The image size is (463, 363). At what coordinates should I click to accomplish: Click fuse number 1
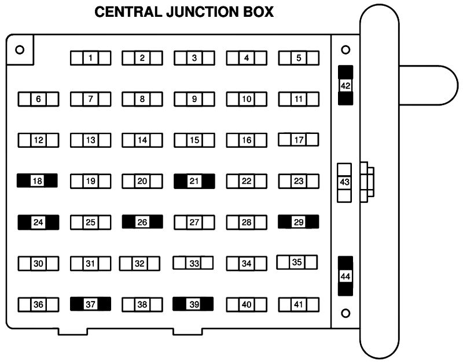90,57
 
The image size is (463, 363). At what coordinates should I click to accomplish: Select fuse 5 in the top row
299,57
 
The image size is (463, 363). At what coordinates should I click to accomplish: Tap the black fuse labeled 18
38,181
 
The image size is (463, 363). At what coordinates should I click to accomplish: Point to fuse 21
194,181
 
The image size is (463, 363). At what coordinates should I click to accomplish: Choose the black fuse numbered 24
38,222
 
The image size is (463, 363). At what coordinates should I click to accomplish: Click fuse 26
142,222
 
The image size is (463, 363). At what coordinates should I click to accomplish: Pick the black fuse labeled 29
299,222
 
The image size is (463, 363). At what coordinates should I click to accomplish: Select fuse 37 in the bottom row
90,303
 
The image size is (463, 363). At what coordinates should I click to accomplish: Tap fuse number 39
193,304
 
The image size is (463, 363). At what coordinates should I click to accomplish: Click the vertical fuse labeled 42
346,85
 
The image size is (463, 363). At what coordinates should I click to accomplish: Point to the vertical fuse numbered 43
345,182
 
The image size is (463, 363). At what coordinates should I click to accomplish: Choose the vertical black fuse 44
346,276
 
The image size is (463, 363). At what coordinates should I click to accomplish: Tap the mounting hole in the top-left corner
20,49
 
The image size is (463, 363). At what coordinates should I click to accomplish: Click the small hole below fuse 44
346,313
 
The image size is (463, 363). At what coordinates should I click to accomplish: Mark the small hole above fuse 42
346,49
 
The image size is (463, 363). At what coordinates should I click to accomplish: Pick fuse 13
90,140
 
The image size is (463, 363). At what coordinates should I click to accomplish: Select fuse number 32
139,263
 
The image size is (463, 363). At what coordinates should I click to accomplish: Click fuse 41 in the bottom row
299,304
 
